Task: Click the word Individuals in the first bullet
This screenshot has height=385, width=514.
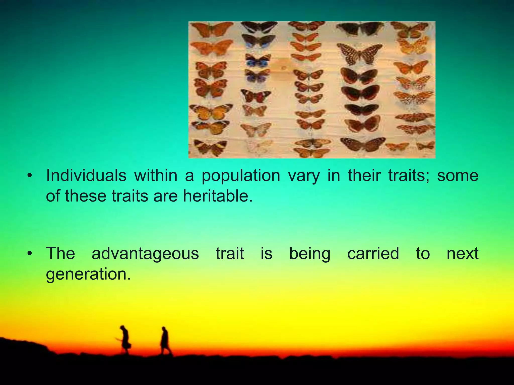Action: click(86, 175)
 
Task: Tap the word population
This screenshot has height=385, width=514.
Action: click(241, 176)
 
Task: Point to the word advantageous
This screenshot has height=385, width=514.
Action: click(145, 254)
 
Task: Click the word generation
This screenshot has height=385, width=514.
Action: click(88, 274)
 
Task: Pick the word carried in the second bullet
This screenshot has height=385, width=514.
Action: click(373, 253)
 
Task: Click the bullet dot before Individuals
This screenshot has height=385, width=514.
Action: click(30, 176)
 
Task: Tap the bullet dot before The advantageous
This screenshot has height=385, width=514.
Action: click(30, 254)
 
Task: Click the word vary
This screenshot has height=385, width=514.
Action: click(304, 176)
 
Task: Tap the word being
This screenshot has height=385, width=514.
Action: click(310, 254)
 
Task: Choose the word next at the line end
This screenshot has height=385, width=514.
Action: click(463, 253)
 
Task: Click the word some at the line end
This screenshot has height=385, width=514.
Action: click(458, 175)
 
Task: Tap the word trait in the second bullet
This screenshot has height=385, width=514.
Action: click(230, 253)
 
